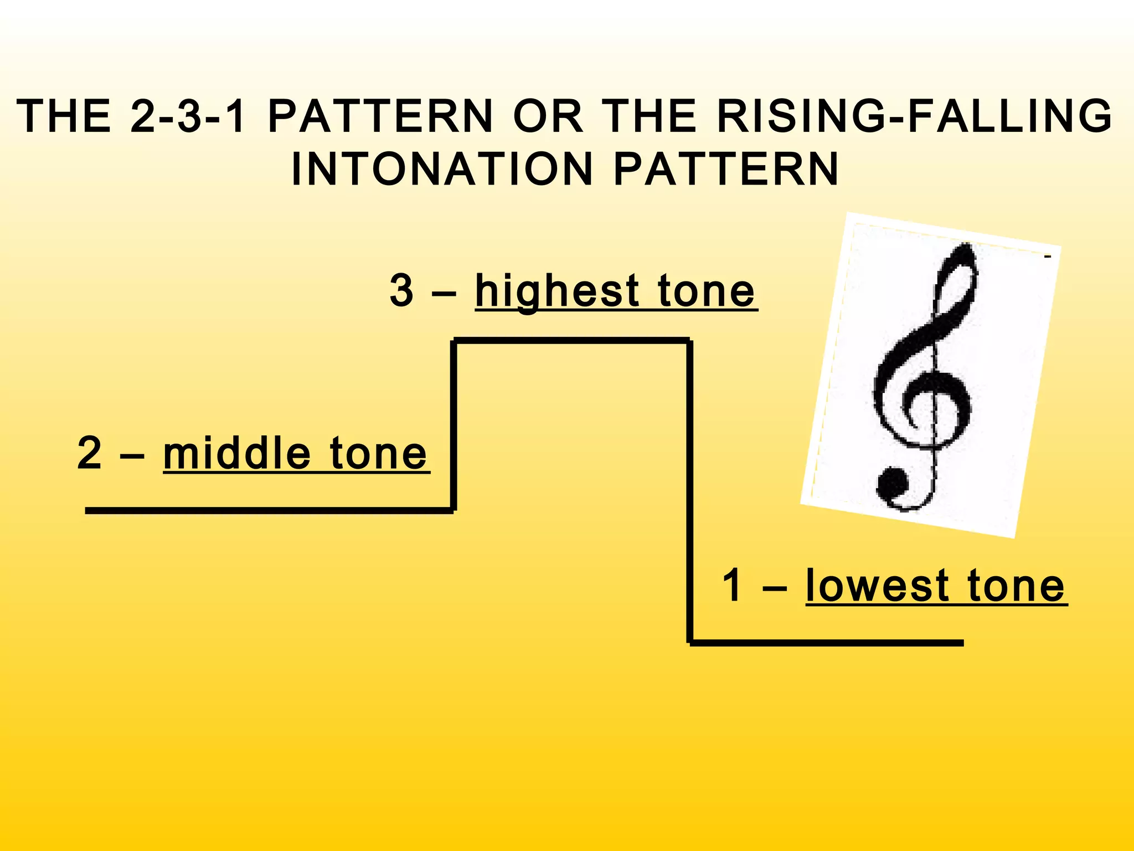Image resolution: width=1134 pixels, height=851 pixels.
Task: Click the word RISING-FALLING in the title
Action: click(914, 116)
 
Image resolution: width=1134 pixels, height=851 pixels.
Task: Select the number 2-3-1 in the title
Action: click(188, 116)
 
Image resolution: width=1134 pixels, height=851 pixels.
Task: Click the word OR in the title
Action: click(548, 116)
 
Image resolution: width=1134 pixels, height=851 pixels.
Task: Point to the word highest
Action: click(556, 291)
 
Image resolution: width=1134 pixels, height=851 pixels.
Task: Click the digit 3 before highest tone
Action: click(401, 290)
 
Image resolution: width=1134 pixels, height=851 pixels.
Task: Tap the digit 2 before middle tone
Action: click(90, 454)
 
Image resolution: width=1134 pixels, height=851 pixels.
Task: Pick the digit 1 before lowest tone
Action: click(733, 586)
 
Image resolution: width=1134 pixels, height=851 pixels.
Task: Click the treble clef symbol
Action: click(925, 377)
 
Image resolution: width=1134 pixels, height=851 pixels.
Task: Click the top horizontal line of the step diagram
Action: click(571, 340)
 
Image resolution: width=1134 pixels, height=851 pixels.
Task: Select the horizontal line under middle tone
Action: click(269, 510)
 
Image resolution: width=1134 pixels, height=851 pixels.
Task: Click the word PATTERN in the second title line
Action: click(726, 169)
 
